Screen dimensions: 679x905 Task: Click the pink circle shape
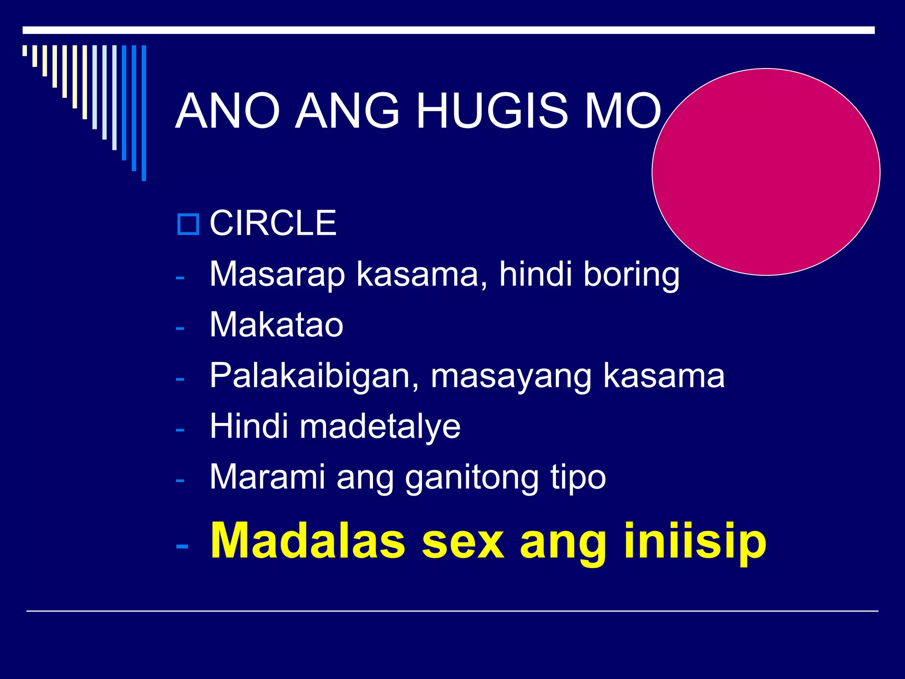[766, 172]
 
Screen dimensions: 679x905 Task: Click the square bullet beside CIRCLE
[188, 224]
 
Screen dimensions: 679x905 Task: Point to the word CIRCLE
[273, 223]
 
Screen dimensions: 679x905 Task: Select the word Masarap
[277, 275]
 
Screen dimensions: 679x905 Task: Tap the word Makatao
[276, 325]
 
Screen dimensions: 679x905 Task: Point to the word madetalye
[380, 427]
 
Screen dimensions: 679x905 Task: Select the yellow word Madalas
[308, 541]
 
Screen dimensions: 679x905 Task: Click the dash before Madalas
[182, 546]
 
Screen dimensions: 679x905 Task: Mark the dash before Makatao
[179, 328]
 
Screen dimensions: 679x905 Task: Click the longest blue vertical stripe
[144, 113]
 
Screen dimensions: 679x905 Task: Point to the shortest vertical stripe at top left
[25, 50]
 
